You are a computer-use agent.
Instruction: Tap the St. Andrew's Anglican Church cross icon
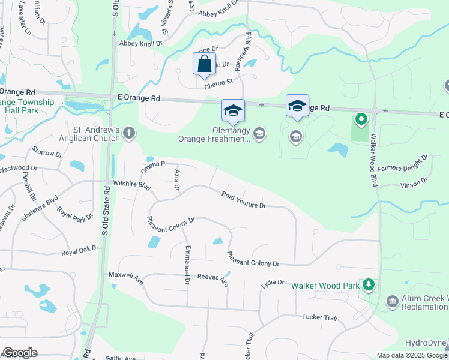(x=129, y=137)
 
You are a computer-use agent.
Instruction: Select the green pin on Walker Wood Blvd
(x=361, y=120)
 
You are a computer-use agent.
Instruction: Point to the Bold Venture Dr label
(x=243, y=200)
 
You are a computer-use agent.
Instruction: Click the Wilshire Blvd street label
(x=131, y=184)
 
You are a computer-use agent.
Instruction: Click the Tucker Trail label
(x=316, y=317)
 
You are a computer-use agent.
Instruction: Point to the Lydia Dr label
(x=273, y=283)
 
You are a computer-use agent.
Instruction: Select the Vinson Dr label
(x=414, y=181)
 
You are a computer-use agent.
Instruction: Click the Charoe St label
(x=218, y=85)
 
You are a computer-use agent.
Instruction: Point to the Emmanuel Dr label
(x=187, y=264)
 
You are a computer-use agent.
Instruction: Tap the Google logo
(x=20, y=353)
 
